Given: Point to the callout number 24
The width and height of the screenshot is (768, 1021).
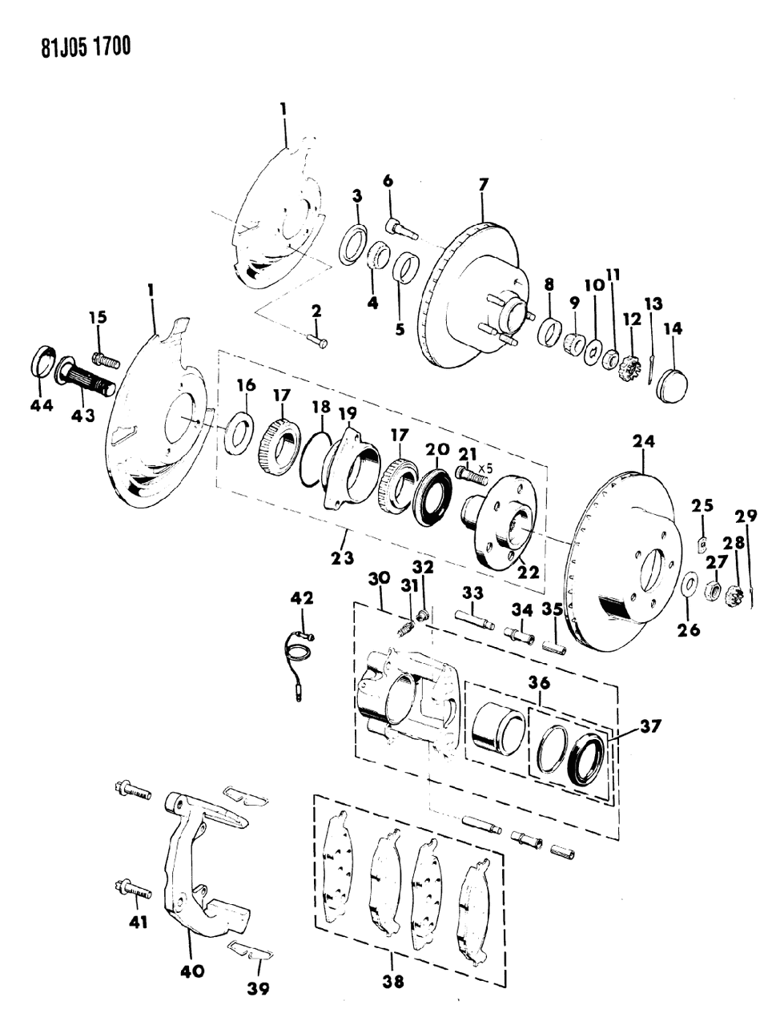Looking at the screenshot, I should pos(643,440).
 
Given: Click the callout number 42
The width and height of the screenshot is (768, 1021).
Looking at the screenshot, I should pos(302,597).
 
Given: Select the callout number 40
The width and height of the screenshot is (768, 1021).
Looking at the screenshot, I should pos(193,971).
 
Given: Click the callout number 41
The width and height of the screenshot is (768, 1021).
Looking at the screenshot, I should pos(139,922).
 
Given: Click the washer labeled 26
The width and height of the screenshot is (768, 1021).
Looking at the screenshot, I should pos(689,585).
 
